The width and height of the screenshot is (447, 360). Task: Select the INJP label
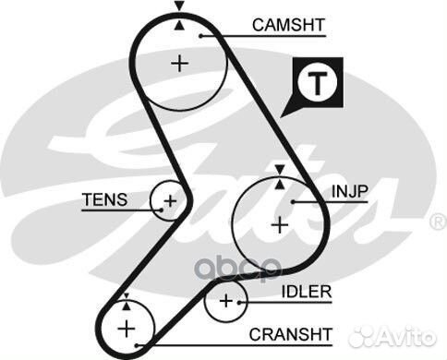click(x=350, y=191)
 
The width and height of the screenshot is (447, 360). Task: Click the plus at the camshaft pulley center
click(x=179, y=63)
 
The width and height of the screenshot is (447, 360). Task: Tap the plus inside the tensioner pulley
click(x=169, y=200)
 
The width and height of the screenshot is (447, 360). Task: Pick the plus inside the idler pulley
click(x=225, y=300)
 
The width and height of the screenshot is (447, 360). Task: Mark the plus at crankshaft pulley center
click(x=125, y=327)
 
